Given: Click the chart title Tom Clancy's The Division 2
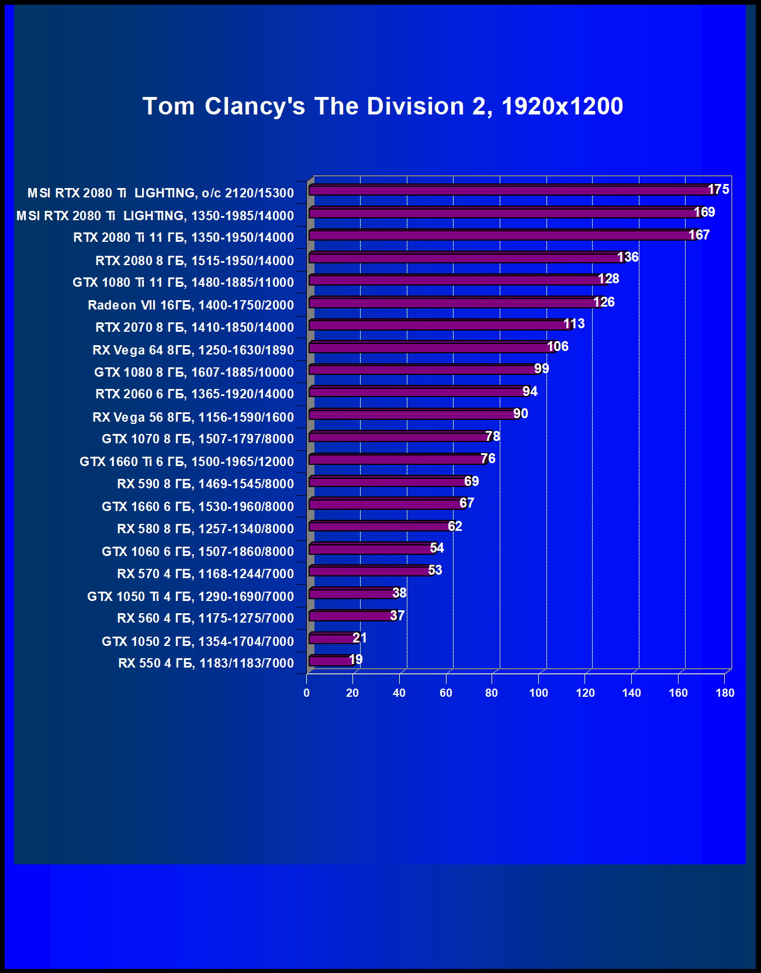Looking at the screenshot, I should pos(383,106).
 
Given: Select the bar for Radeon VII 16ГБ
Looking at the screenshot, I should pos(456,303).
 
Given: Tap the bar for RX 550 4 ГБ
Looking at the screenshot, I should pos(331,661).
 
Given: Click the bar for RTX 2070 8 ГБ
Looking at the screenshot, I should pos(438,325).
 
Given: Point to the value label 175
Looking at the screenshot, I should pos(718,189).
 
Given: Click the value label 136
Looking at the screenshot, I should pos(628,257).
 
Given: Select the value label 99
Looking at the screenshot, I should pos(542,369).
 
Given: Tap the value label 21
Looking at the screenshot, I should pos(360,638).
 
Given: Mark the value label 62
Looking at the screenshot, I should pos(455,526).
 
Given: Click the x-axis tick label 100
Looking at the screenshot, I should pos(538,693).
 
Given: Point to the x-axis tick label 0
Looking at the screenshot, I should pos(307,693).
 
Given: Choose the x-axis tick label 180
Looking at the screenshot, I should pos(725,693).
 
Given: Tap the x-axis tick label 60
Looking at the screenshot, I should pos(446,693).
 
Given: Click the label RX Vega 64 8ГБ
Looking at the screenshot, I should pos(193,350).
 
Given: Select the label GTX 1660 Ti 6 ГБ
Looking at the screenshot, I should pos(186,461).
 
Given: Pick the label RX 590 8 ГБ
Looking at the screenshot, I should pos(205,484).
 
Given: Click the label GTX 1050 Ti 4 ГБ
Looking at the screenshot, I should pos(191,596).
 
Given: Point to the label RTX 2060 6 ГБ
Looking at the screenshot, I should pos(195,394).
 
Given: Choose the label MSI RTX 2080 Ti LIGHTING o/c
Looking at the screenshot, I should pos(161,193).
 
